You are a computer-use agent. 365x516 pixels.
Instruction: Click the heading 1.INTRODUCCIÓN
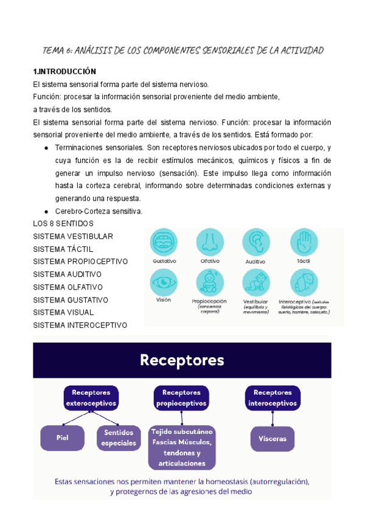click(x=64, y=71)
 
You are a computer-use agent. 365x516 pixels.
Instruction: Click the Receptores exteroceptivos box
click(x=91, y=397)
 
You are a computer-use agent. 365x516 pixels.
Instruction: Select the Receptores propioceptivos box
click(x=181, y=397)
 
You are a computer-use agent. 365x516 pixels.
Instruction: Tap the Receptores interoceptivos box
click(x=272, y=397)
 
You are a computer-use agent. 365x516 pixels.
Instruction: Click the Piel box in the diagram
click(x=62, y=438)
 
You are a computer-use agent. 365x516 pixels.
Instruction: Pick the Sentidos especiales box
click(x=119, y=438)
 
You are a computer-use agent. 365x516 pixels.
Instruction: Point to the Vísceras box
click(x=272, y=438)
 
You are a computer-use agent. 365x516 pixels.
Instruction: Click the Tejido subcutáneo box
click(x=181, y=447)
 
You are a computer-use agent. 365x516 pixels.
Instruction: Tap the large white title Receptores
click(x=182, y=360)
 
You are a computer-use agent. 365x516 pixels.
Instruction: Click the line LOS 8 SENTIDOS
click(x=63, y=224)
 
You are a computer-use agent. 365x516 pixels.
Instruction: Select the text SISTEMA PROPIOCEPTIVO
click(x=80, y=262)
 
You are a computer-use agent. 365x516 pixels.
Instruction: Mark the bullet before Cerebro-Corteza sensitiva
click(x=47, y=211)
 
